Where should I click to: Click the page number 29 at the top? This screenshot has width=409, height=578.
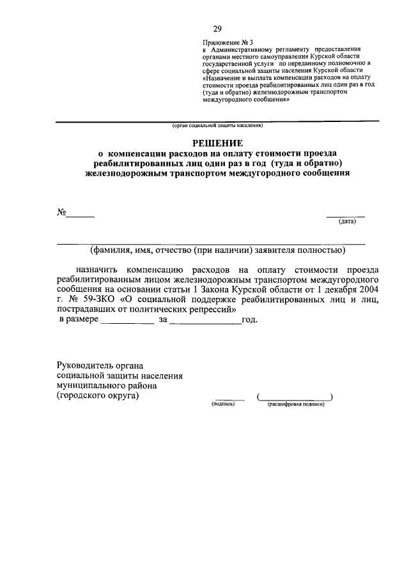[x=217, y=29]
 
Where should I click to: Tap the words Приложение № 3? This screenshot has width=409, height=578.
[x=223, y=41]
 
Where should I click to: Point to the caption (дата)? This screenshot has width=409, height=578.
[x=347, y=222]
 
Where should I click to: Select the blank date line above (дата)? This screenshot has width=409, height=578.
[x=346, y=216]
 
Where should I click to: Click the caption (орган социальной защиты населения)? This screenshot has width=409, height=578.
[x=217, y=126]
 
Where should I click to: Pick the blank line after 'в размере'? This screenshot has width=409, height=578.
[x=127, y=324]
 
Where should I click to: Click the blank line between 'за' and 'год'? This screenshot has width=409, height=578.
[x=205, y=324]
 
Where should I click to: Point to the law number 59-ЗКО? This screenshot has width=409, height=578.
[x=95, y=299]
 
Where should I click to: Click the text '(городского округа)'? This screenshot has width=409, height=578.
[x=97, y=396]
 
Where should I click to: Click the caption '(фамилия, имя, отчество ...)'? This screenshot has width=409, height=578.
[x=218, y=250]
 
